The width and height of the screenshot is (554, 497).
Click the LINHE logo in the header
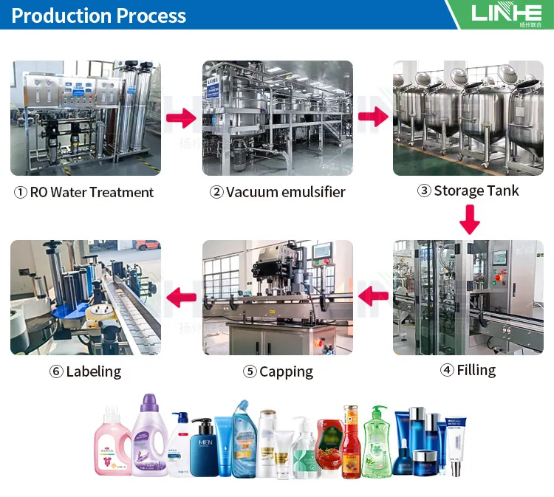coord(507,13)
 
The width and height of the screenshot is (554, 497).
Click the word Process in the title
coord(151,15)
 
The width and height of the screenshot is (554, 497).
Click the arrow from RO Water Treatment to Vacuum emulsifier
coord(180,118)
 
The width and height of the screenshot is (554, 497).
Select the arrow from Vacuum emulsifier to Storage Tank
coord(374,117)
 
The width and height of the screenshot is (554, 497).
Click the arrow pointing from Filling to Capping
coord(374,297)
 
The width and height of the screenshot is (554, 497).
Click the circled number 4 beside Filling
coord(447,371)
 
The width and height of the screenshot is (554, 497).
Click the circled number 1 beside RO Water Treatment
coord(21,193)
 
